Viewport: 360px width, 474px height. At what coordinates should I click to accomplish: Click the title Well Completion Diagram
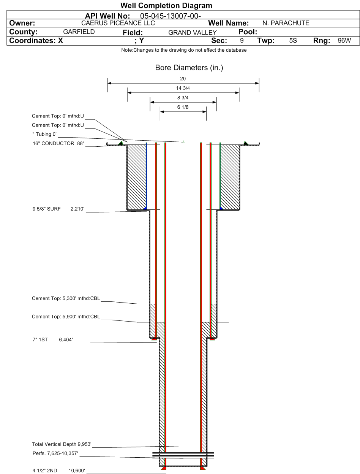[x=166, y=6]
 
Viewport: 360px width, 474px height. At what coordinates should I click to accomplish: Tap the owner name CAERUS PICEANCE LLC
[x=115, y=23]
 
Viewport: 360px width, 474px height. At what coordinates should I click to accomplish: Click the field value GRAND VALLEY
[x=193, y=33]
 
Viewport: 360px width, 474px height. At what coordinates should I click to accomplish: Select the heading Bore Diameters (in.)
[x=183, y=68]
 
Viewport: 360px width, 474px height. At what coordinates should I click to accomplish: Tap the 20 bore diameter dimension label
[x=183, y=79]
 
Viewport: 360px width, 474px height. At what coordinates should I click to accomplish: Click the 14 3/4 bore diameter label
[x=183, y=88]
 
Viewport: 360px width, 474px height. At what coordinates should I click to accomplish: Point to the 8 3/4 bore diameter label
[x=183, y=98]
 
